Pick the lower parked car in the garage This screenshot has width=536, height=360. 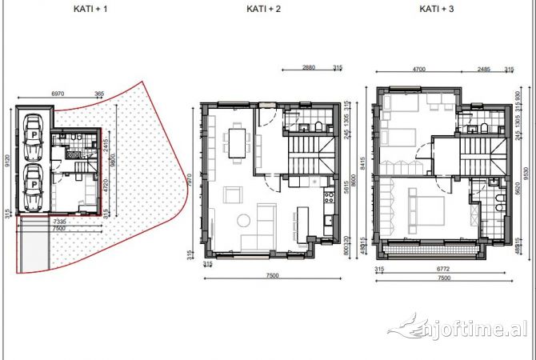click(x=34, y=188)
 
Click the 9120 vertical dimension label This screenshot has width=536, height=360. click(x=7, y=162)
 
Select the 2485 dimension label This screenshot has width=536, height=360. click(x=482, y=69)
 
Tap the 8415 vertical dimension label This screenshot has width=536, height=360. click(x=370, y=165)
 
